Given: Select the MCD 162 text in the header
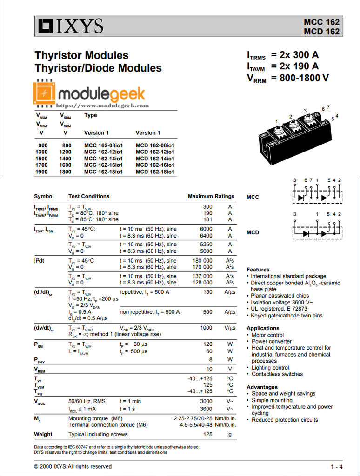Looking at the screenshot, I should coord(321,32).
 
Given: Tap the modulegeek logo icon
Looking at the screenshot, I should coord(45,93).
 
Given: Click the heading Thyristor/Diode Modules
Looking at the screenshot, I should coord(98,68).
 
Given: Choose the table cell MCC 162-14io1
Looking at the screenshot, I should coord(103,159).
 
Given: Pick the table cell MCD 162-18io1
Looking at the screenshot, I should coord(155,172).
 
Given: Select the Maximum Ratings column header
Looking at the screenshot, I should coord(211,196).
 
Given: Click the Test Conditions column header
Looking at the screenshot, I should coord(89,196).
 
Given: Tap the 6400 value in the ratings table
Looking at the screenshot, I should coord(206,236).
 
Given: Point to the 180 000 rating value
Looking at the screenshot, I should coord(202,261).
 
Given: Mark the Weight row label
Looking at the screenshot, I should coord(43,435).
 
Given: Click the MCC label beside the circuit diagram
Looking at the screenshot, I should coord(253,197).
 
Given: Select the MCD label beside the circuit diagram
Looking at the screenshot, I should coord(253,232).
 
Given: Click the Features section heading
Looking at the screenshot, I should coord(258,270).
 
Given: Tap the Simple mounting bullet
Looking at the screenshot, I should coord(272,400).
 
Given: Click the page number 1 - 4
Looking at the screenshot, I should coord(337,467).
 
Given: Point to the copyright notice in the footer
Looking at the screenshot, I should coord(73,466).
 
